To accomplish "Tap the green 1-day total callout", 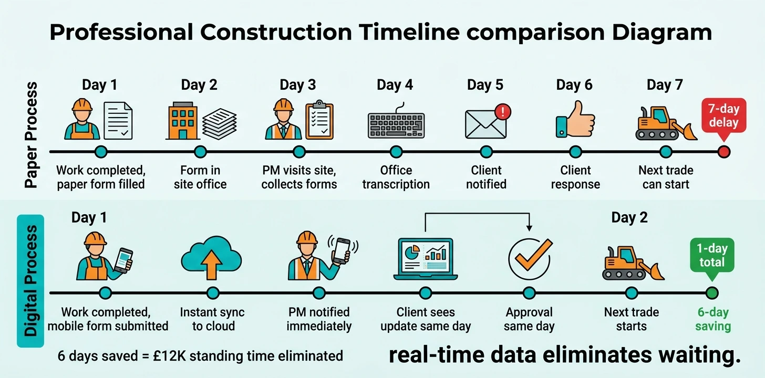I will (712, 256).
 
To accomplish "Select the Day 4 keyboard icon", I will (396, 124).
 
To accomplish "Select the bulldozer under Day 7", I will (666, 124).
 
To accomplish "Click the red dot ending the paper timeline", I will (724, 152).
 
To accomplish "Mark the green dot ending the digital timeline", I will (712, 293).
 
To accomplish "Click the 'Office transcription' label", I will (396, 177).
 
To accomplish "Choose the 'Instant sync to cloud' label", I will (212, 319).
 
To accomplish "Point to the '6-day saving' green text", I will (713, 319).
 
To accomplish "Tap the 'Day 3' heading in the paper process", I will (298, 85).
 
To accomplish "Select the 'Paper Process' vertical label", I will (32, 135).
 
